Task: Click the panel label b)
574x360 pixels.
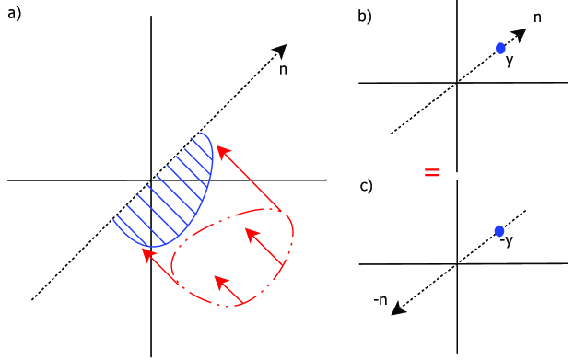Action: tap(365, 16)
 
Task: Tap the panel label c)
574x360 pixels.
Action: tap(366, 186)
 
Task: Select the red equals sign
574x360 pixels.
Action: tap(431, 172)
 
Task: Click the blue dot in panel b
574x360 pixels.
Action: tap(500, 48)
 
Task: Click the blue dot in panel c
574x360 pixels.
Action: tap(499, 231)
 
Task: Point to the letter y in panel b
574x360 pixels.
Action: tap(509, 61)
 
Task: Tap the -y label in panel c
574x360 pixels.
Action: tap(506, 241)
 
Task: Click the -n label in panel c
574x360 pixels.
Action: tap(380, 300)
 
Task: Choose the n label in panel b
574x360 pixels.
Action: tap(538, 17)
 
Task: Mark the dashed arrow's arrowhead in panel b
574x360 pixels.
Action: tap(519, 34)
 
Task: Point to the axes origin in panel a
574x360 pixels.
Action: tap(151, 180)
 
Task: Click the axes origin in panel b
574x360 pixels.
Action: tap(456, 83)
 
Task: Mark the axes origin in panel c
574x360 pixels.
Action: tap(456, 264)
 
